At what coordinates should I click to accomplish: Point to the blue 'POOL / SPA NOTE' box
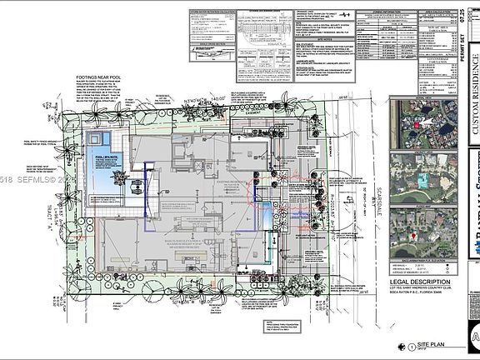[x=109, y=156]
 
